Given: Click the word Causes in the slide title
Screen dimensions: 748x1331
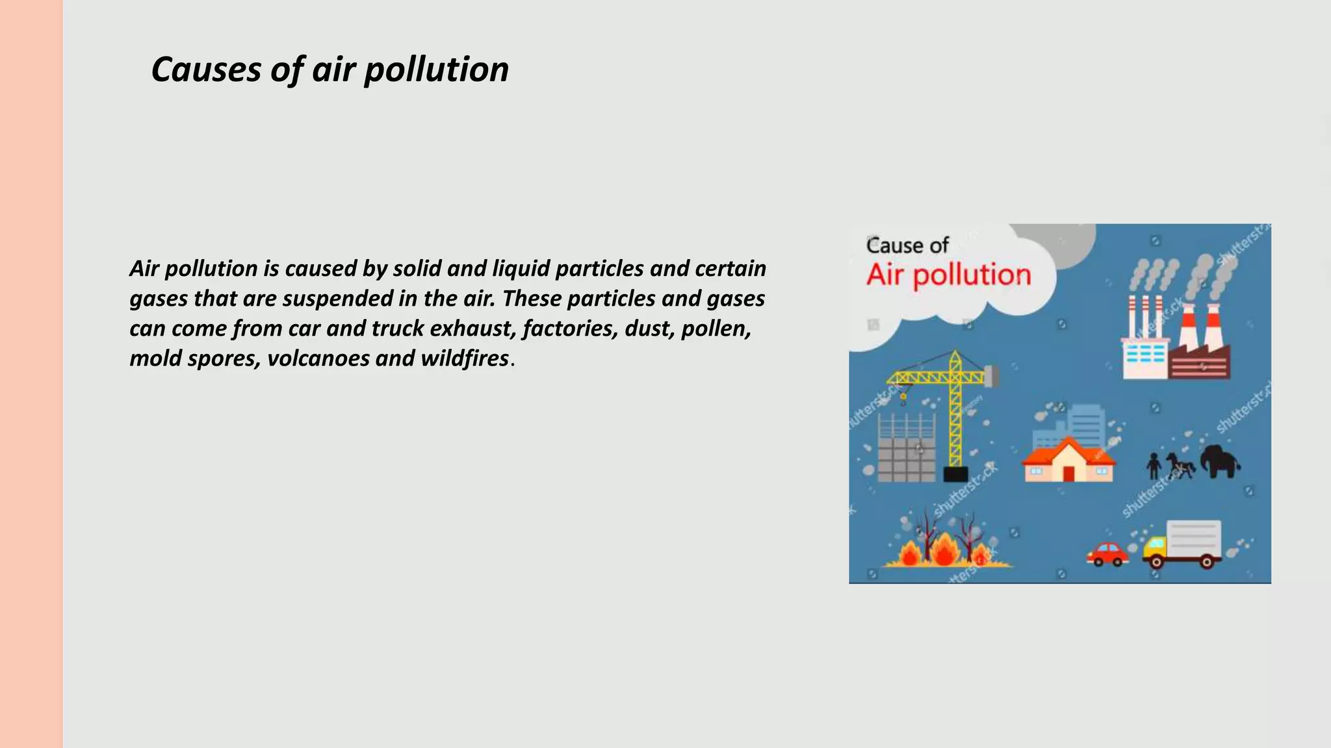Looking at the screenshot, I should pyautogui.click(x=206, y=69).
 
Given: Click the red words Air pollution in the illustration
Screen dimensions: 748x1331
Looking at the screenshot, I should pyautogui.click(x=948, y=275).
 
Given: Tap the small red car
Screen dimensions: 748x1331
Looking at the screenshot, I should pyautogui.click(x=1107, y=554).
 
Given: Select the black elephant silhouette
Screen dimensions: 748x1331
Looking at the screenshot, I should pyautogui.click(x=1219, y=460).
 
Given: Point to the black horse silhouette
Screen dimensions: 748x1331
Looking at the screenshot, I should pyautogui.click(x=1180, y=465).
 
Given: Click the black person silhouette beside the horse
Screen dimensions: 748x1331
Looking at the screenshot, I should pyautogui.click(x=1154, y=465).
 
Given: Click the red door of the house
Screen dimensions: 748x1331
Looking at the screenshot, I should pyautogui.click(x=1068, y=473).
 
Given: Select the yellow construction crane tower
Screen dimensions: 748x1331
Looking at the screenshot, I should pyautogui.click(x=955, y=409).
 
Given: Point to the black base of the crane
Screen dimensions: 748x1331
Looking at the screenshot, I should pyautogui.click(x=955, y=474).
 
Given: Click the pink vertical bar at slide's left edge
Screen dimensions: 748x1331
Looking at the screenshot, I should pyautogui.click(x=31, y=374).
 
